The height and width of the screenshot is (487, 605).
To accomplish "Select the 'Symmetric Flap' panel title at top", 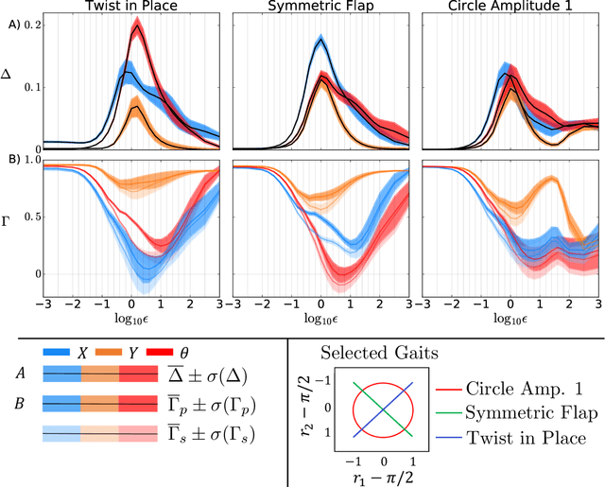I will tap(322, 8).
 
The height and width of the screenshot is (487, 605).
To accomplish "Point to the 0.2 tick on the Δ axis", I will tap(31, 21).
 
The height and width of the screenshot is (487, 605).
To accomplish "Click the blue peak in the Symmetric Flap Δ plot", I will tap(320, 41).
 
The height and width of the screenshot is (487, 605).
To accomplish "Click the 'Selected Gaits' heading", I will tap(377, 353).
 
